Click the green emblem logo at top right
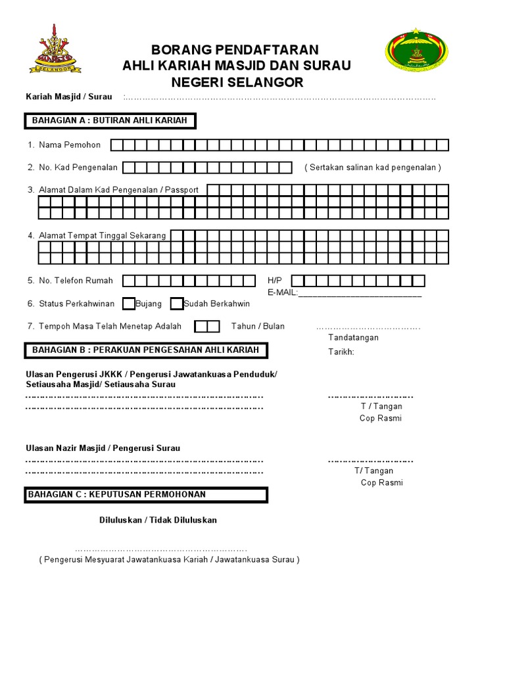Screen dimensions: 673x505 [415, 51]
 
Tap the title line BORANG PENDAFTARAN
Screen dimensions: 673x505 [235, 50]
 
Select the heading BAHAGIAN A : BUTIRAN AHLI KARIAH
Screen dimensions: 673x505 [110, 120]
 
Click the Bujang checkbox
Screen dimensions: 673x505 [129, 304]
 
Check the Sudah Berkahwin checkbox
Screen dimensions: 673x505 [176, 304]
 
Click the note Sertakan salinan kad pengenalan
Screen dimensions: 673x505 [373, 168]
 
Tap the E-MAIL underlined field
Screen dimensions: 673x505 [360, 293]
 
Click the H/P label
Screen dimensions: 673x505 [274, 281]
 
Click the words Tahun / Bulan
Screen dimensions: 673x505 [258, 326]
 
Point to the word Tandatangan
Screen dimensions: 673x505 [353, 338]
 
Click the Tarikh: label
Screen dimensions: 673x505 [341, 352]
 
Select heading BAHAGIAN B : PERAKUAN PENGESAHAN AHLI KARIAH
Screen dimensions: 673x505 [145, 350]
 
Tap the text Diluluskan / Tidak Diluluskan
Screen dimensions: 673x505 [158, 520]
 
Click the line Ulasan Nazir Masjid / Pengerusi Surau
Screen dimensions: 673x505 [103, 448]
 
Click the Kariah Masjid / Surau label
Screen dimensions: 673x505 [69, 97]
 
